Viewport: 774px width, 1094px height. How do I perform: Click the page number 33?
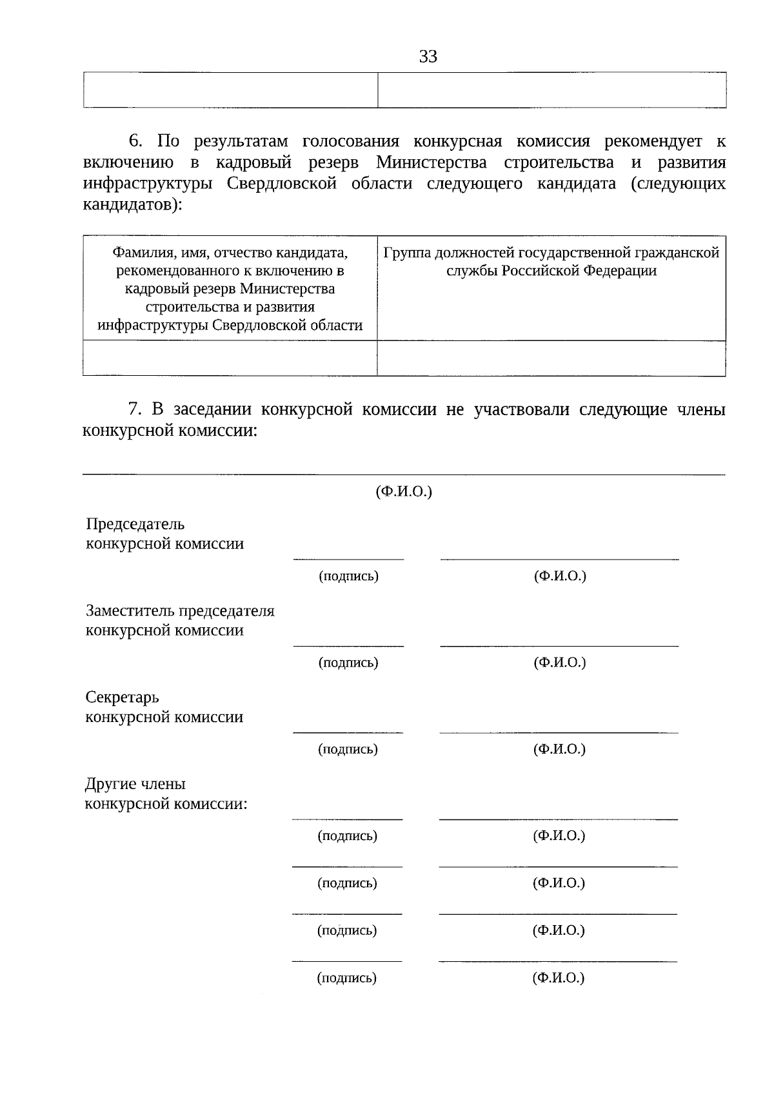click(x=428, y=57)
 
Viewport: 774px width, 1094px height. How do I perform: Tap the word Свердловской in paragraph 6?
click(x=282, y=184)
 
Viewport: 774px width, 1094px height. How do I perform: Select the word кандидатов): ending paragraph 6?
click(x=133, y=205)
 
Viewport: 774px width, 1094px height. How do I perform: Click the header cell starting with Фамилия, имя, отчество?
click(x=230, y=288)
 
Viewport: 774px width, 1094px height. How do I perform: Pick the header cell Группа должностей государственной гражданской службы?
click(x=551, y=261)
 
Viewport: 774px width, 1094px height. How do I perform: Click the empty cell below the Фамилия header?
click(x=230, y=358)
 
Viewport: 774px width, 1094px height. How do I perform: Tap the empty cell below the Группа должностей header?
click(x=551, y=358)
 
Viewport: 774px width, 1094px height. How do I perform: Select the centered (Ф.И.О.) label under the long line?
click(x=404, y=492)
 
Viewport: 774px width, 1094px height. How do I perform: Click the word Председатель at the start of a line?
click(x=135, y=524)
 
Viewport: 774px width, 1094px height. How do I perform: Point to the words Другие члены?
click(x=135, y=784)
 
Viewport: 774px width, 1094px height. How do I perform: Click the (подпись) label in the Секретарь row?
click(x=348, y=749)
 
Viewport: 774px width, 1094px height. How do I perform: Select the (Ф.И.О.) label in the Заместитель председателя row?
click(x=559, y=662)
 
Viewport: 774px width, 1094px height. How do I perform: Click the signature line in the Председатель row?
click(x=348, y=558)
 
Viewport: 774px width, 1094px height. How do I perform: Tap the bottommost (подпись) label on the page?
click(x=347, y=978)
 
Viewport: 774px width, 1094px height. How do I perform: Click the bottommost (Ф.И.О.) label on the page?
click(x=558, y=978)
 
